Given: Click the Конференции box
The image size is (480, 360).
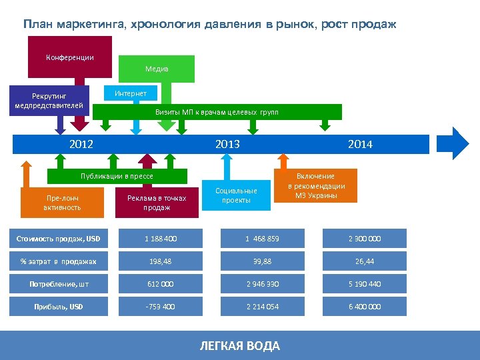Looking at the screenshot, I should [70, 57].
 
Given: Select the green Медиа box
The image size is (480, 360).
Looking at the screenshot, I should [157, 69].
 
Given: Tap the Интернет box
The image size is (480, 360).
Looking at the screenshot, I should [131, 93].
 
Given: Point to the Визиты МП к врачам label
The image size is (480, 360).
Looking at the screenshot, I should [217, 112].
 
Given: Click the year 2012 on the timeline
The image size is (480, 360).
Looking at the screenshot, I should [81, 144].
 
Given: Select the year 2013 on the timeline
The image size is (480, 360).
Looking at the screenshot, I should [227, 144].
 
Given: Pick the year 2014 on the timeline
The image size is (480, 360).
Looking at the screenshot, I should [360, 144].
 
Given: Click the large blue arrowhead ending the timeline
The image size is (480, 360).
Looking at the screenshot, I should [458, 144].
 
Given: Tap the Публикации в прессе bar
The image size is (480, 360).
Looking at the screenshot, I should [117, 176].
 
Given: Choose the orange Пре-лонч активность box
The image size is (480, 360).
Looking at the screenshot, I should [63, 203].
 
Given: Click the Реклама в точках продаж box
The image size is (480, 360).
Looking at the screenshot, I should [157, 203].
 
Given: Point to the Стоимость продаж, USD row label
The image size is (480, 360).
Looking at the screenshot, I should [58, 239].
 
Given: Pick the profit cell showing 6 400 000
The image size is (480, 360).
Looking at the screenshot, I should [365, 307].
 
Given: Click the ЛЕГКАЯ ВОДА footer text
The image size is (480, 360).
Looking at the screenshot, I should [240, 345].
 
